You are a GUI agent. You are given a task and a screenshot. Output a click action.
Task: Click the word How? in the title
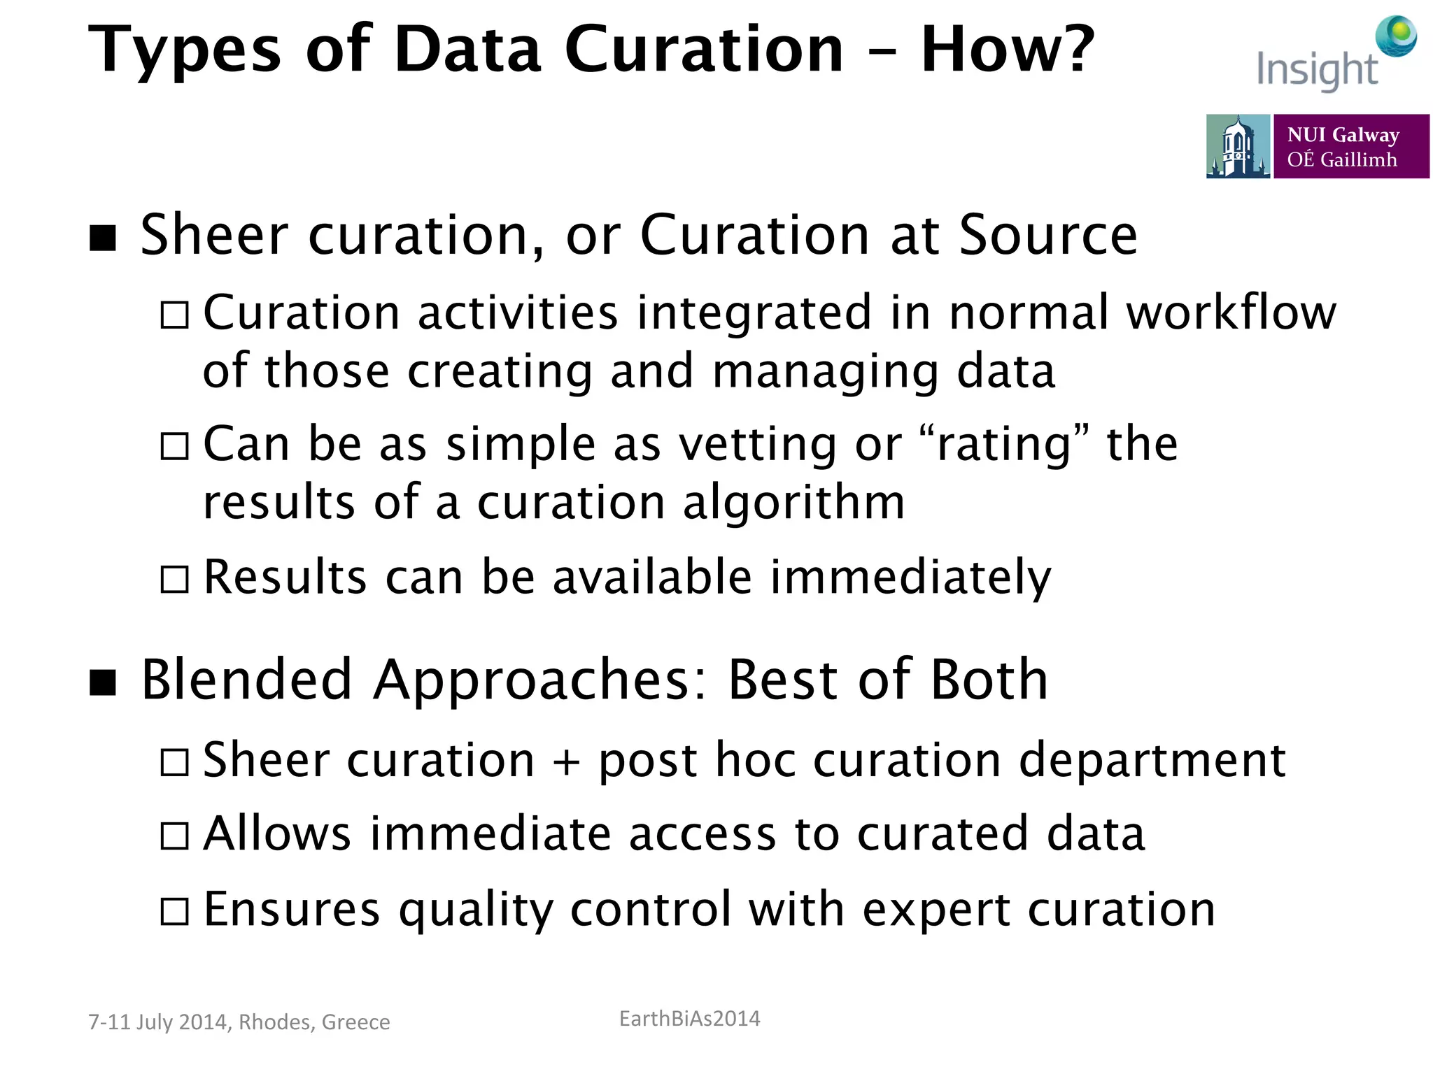pyautogui.click(x=1007, y=50)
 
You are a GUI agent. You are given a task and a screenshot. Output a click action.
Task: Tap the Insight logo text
pyautogui.click(x=1316, y=70)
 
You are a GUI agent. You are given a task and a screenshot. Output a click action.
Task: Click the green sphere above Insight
pyautogui.click(x=1396, y=35)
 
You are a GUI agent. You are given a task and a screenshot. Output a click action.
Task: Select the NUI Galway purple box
pyautogui.click(x=1350, y=147)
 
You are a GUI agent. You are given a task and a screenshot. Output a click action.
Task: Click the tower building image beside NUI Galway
pyautogui.click(x=1237, y=147)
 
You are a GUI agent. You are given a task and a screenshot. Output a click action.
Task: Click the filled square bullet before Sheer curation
pyautogui.click(x=103, y=238)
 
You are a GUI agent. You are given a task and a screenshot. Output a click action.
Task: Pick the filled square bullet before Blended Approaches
pyautogui.click(x=103, y=682)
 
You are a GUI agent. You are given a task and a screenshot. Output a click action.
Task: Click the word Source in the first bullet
pyautogui.click(x=1047, y=236)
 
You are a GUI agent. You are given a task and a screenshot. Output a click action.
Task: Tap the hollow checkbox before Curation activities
pyautogui.click(x=174, y=315)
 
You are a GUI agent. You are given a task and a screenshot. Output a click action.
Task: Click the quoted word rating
pyautogui.click(x=1004, y=445)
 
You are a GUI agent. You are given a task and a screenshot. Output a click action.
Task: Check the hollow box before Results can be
pyautogui.click(x=174, y=580)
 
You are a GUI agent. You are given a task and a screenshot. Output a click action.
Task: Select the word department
pyautogui.click(x=1152, y=761)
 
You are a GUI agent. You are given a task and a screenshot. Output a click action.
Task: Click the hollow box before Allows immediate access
pyautogui.click(x=174, y=836)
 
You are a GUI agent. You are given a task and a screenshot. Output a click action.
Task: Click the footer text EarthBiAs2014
pyautogui.click(x=689, y=1019)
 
